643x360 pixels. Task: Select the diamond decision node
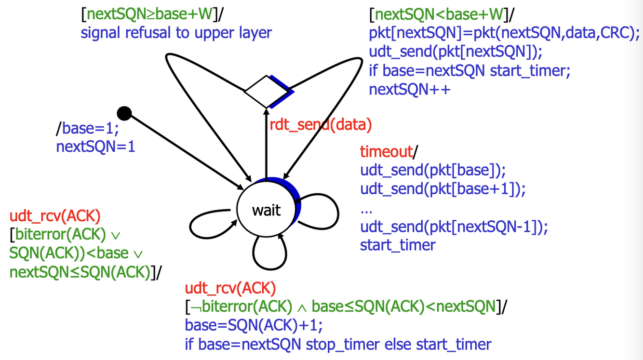[x=266, y=91]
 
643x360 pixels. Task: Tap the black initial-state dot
[x=124, y=114]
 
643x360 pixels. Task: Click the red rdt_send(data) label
[x=321, y=125]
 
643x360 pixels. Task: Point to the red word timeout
[x=386, y=152]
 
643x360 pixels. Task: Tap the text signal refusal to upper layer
[x=176, y=33]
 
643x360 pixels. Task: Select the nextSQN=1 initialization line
[x=95, y=146]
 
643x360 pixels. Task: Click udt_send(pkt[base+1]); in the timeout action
[x=442, y=189]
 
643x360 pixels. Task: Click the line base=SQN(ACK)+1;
[x=254, y=325]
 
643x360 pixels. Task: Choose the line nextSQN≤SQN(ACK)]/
[x=85, y=272]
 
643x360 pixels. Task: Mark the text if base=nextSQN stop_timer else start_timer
[x=338, y=344]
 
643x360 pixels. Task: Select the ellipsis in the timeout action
[x=366, y=209]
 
